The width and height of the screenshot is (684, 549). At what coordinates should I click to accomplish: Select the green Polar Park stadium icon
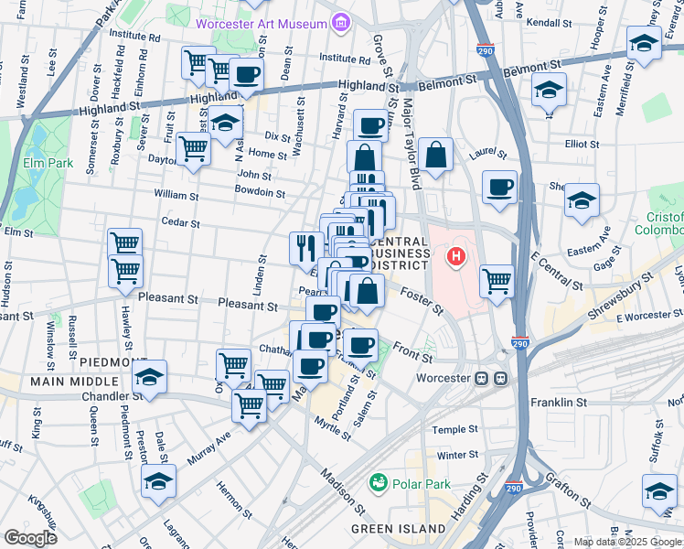click(377, 481)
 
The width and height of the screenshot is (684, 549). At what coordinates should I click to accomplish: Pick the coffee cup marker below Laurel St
click(499, 187)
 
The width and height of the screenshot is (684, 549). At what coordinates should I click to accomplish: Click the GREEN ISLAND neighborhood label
click(391, 529)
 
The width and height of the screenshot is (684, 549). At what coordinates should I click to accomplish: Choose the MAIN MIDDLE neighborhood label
click(75, 381)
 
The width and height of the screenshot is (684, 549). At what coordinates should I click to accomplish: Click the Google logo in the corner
click(30, 537)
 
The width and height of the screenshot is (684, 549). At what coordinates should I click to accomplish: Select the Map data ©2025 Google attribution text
click(628, 542)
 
